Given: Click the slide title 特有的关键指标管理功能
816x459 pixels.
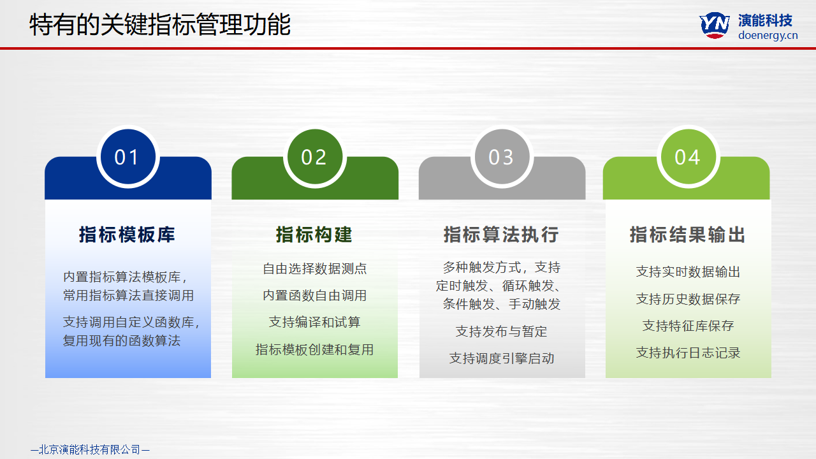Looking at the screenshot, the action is (x=160, y=25).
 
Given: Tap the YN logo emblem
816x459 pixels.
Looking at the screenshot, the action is (x=715, y=25).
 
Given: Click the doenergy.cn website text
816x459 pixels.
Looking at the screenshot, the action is (x=768, y=36).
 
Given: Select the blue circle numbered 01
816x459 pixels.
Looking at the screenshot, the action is (x=128, y=157).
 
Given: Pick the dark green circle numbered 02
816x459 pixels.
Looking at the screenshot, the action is (x=315, y=157).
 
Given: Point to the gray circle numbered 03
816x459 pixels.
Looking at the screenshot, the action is (x=502, y=157).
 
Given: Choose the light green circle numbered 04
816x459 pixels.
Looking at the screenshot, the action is (x=688, y=157).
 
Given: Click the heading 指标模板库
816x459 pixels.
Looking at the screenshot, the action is (x=127, y=234).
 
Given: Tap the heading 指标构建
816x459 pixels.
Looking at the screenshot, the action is (x=314, y=234).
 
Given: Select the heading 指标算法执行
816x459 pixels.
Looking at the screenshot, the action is (x=501, y=234).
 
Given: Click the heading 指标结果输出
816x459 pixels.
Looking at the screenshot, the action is (x=688, y=234).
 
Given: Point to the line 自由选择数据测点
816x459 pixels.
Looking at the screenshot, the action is (x=315, y=268).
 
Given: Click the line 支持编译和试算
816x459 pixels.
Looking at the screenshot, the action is (x=315, y=322).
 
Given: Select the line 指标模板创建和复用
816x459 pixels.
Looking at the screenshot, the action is (x=315, y=349).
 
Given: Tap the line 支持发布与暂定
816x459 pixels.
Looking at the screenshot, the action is (x=502, y=331).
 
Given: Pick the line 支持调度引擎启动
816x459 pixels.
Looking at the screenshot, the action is (x=502, y=358).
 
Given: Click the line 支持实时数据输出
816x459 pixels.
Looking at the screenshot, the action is (x=688, y=272).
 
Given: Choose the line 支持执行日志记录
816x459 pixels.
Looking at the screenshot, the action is (x=688, y=353).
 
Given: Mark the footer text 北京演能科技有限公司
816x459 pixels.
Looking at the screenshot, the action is (x=90, y=449).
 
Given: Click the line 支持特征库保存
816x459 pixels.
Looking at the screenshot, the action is (x=688, y=326).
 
